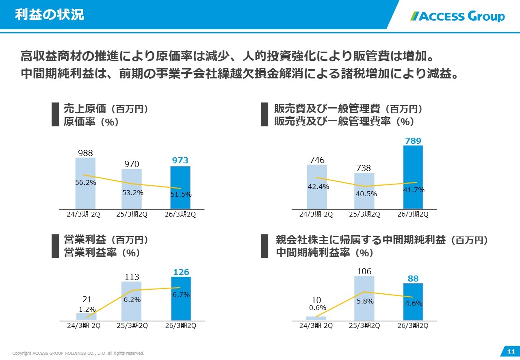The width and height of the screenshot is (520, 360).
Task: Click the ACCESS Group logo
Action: tap(458, 16)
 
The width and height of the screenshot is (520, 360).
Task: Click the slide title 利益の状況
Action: tap(49, 15)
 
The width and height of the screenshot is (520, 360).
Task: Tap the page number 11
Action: tap(511, 351)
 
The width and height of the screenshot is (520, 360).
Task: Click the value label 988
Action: tap(85, 153)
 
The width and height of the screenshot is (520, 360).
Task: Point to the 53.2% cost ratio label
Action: tap(133, 193)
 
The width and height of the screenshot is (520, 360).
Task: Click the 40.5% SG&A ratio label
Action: tap(366, 194)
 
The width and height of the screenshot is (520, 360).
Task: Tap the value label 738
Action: tap(364, 168)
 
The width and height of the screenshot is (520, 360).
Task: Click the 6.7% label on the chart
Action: tap(180, 295)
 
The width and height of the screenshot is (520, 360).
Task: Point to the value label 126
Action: tap(181, 272)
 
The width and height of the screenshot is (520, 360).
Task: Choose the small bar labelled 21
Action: tap(87, 317)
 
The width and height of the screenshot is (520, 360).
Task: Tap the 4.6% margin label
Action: tap(413, 303)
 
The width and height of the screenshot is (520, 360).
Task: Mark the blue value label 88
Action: tap(413, 279)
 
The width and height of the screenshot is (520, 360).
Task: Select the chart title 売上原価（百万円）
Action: tap(105, 109)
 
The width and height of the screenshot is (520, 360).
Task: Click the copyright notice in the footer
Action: tap(78, 353)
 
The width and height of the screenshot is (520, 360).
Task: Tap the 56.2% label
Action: tap(86, 182)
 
